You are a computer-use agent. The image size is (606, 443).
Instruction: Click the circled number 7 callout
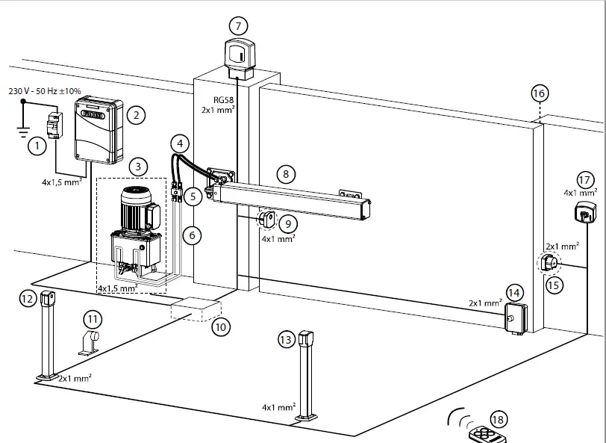pos(238,25)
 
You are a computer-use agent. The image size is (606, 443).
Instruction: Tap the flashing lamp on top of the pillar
pos(240,57)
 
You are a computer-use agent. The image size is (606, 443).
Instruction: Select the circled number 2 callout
pos(135,114)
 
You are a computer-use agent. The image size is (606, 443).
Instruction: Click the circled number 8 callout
pos(284,173)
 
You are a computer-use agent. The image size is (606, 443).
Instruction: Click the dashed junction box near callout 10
pos(196,309)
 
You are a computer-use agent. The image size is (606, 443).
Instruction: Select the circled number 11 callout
pos(91,318)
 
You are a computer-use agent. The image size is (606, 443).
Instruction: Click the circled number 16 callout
pos(539,93)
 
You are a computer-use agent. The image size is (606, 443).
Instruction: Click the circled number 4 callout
pos(179,142)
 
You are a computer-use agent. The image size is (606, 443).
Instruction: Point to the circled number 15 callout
pos(552,285)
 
